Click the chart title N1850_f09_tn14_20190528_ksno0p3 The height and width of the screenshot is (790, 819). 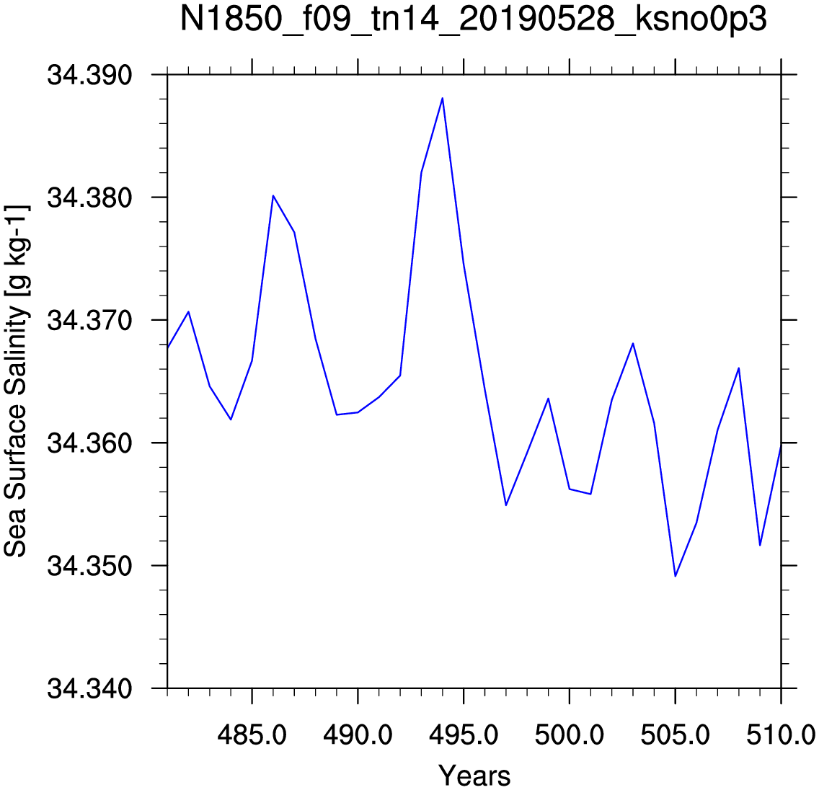click(x=473, y=20)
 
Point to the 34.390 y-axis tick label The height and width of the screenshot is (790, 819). click(x=90, y=75)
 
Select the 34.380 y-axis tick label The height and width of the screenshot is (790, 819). click(x=90, y=198)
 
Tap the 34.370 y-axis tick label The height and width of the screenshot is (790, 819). click(x=90, y=320)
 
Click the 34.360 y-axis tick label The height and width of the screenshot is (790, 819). click(x=90, y=443)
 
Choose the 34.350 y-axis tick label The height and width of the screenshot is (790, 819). click(x=90, y=566)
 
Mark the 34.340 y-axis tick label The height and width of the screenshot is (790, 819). click(x=90, y=688)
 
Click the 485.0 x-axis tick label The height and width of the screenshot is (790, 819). click(x=252, y=735)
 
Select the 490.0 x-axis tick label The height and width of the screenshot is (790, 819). click(x=358, y=735)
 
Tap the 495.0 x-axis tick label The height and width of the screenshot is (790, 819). click(x=464, y=735)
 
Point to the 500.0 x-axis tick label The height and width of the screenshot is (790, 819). click(x=570, y=735)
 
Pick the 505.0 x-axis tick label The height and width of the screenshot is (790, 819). click(x=676, y=735)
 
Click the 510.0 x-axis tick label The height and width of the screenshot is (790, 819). click(x=782, y=735)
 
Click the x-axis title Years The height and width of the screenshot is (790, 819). click(x=474, y=776)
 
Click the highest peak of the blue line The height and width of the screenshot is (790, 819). click(x=443, y=98)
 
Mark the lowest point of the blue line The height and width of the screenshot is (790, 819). click(x=676, y=576)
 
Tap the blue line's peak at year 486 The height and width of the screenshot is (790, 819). click(x=273, y=196)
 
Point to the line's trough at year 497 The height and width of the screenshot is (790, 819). click(x=506, y=505)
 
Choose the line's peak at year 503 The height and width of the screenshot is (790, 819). click(x=633, y=344)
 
